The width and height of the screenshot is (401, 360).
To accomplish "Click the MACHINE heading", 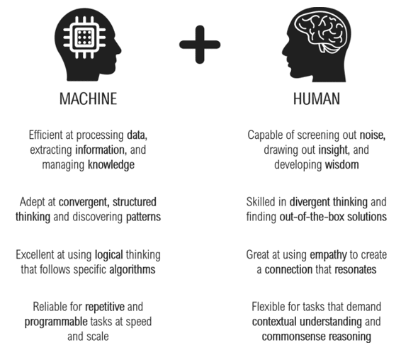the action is coord(89,99).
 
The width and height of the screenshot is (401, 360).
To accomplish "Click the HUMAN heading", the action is coord(317,99).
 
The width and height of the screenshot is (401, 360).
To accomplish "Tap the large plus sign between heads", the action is coord(200,45).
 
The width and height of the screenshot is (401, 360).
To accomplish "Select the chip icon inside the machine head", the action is coord(84,38).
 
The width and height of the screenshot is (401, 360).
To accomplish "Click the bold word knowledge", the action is coord(111,165).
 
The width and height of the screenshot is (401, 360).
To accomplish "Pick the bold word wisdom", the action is coord(342,164).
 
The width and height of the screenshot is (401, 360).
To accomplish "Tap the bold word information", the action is coord(100,150).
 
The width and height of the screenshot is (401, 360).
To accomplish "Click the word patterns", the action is coord(144,217).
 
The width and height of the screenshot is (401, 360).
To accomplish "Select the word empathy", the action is coord(328,255).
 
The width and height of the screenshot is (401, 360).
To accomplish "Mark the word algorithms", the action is coord(132,269).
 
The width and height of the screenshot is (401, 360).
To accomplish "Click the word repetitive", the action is coord(105,307).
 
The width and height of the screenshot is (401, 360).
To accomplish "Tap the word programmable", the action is coord(56,322).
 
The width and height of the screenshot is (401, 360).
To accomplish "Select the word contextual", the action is coord(274,322).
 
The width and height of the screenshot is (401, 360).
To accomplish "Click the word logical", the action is coord(109,255).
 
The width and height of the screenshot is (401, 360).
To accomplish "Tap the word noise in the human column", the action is coord(372,135).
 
